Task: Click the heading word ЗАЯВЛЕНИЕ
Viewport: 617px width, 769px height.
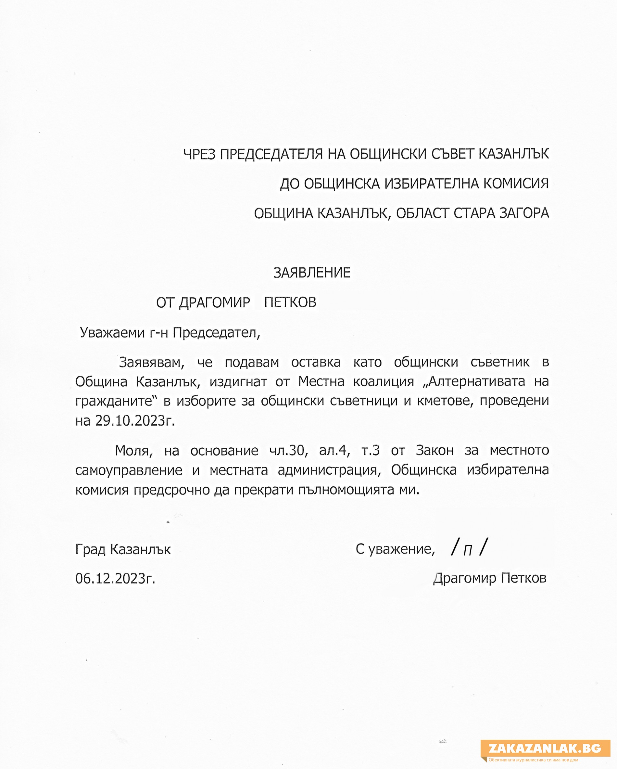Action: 312,273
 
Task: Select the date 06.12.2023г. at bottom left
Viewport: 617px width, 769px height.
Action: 115,578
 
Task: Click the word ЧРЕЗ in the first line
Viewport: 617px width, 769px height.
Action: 199,154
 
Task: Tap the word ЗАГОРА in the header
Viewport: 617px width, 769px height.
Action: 524,213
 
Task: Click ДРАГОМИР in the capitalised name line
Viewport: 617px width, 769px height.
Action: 214,303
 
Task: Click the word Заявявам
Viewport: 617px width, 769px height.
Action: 151,362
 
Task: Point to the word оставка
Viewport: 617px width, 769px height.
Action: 316,362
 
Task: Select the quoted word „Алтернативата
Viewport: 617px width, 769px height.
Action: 473,382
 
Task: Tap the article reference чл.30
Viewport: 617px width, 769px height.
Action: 288,451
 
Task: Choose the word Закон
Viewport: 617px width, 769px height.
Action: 434,451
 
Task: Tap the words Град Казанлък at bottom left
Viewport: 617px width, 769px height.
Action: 123,549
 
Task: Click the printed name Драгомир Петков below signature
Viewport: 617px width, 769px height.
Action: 490,578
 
